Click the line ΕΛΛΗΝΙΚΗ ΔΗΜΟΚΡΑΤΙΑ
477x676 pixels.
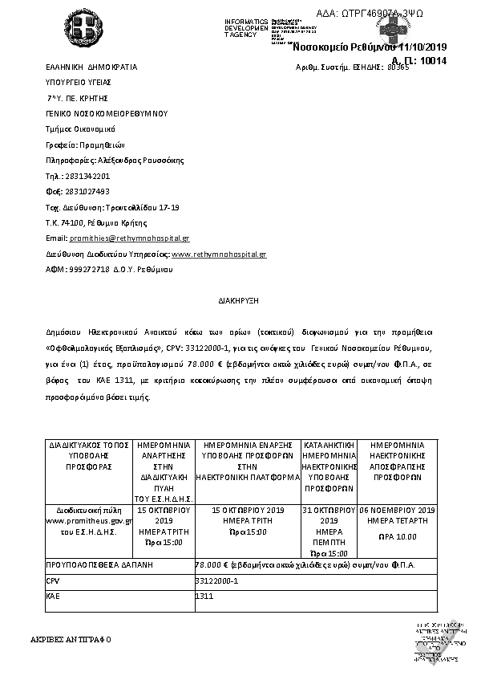tap(91, 67)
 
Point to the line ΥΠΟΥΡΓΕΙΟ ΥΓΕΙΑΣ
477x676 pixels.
tap(79, 82)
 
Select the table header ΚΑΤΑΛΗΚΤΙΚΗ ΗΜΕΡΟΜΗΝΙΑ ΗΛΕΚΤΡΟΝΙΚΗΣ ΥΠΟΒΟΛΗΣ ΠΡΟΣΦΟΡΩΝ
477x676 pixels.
tap(329, 465)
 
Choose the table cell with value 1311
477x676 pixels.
tap(204, 596)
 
